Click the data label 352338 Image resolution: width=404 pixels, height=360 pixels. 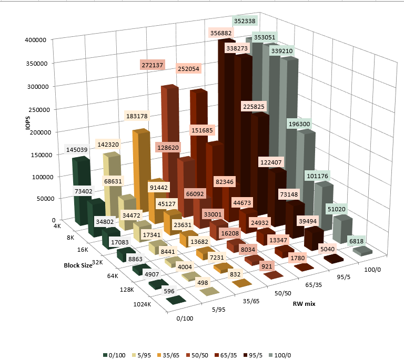246,22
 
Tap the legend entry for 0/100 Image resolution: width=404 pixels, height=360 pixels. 114,347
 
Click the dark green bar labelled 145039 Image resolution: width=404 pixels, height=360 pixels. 80,189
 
